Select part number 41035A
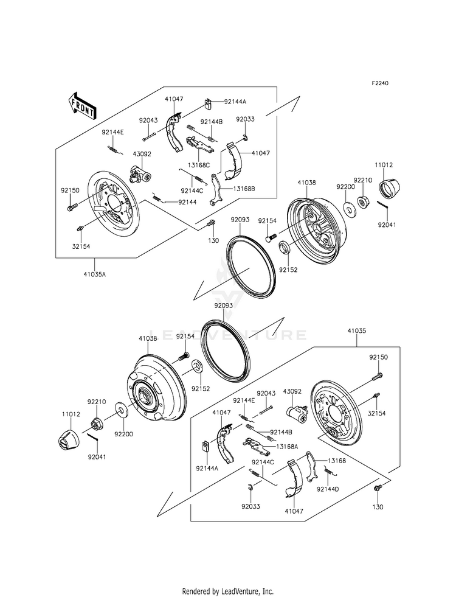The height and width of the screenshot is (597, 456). coord(95,273)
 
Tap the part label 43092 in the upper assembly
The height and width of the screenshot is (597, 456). coord(142,154)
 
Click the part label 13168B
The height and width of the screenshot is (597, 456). coord(244,189)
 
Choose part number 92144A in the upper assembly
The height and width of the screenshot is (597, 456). coord(235,102)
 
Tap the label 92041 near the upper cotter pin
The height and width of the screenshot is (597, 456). coord(387,225)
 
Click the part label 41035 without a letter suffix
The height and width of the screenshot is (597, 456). coord(356,331)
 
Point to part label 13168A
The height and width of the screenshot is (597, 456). coord(287,447)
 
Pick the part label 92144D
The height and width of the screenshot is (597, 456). coord(328,489)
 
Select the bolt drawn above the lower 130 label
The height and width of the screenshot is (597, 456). coord(378,487)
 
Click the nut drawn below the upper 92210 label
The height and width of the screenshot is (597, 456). coord(362,200)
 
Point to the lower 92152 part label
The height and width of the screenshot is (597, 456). coord(201,389)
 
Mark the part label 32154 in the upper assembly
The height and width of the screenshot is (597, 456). coord(81,246)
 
